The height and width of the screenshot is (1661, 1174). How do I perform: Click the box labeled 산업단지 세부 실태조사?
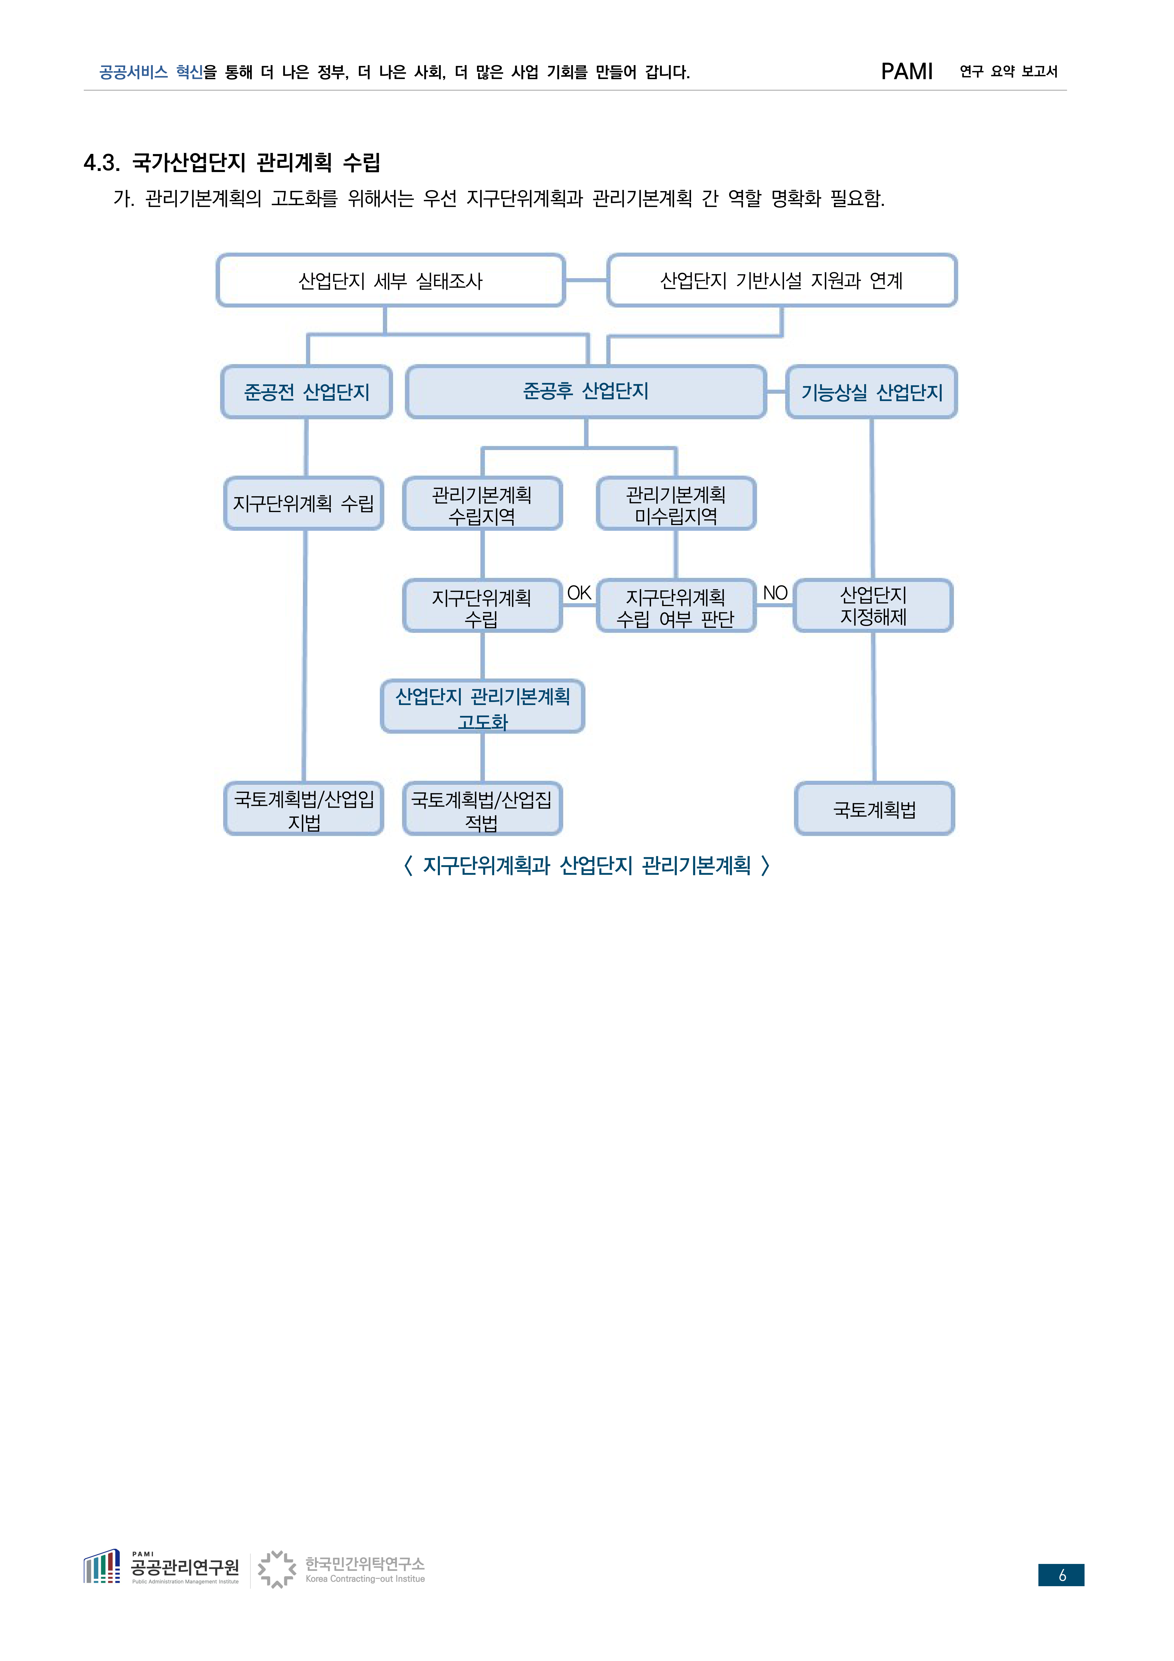point(391,280)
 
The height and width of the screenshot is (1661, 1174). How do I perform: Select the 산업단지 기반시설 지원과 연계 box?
point(782,280)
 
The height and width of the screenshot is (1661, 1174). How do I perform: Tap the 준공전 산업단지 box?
point(307,391)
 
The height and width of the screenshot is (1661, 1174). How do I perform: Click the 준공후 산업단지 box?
point(586,391)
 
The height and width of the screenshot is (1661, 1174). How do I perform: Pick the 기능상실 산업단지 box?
point(872,391)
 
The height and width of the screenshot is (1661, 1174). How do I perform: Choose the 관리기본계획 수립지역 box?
point(483,504)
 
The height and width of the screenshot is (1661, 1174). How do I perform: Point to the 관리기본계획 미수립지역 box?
point(676,504)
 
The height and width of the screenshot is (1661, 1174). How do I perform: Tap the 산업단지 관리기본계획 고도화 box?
point(483,707)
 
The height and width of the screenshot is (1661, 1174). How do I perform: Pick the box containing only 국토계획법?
point(875,809)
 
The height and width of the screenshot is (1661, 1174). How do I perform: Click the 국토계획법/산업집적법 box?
point(483,809)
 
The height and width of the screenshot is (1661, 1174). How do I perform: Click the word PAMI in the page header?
point(906,72)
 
